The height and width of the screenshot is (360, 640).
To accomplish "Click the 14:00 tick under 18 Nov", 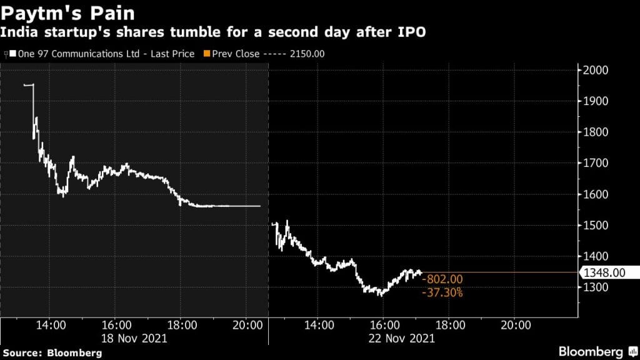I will (x=51, y=326).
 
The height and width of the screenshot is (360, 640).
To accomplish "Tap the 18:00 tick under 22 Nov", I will (x=449, y=326).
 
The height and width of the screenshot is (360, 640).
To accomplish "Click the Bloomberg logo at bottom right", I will (x=591, y=351).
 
